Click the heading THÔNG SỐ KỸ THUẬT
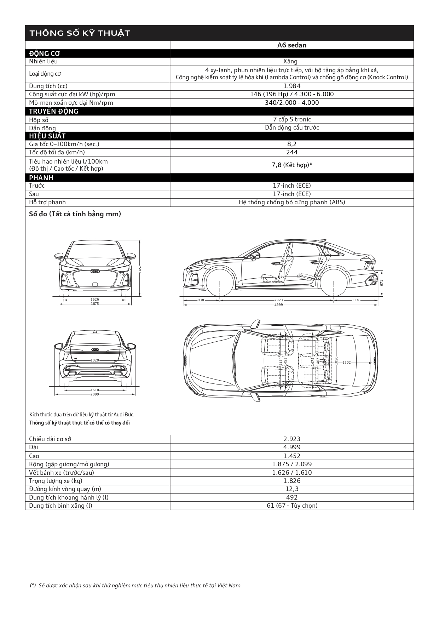click(80, 33)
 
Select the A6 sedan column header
click(291, 45)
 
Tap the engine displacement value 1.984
click(291, 86)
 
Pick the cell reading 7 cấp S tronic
click(291, 119)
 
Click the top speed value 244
click(291, 152)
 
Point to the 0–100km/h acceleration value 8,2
click(291, 144)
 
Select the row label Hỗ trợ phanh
click(47, 202)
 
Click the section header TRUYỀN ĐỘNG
click(54, 111)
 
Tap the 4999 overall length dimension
click(279, 304)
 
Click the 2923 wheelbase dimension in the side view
click(279, 300)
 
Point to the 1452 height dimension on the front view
click(140, 269)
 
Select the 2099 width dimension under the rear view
click(95, 394)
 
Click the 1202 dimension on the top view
click(347, 362)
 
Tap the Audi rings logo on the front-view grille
click(95, 272)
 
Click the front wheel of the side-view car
click(220, 283)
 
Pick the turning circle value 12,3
click(291, 489)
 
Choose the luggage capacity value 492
click(291, 497)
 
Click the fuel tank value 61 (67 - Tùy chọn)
click(291, 506)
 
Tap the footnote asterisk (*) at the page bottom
click(33, 585)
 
